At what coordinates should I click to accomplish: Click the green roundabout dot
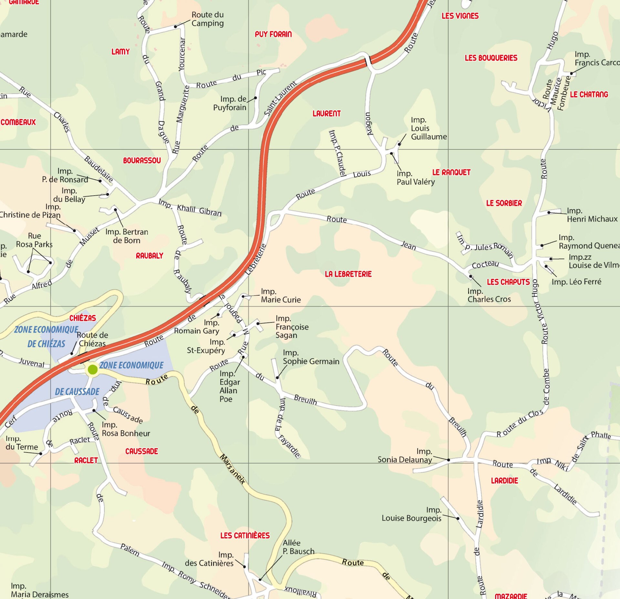click(x=93, y=370)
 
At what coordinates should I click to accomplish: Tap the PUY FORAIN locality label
click(x=273, y=34)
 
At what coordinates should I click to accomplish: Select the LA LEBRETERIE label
click(x=348, y=274)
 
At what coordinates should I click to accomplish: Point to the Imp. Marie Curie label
click(x=280, y=296)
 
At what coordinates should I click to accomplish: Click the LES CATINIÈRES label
click(x=245, y=535)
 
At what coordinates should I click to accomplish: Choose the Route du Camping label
click(x=207, y=19)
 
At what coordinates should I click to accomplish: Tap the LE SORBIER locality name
click(x=504, y=203)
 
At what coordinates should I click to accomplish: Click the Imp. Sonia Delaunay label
click(x=405, y=455)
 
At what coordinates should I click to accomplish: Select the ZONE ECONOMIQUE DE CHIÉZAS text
click(x=46, y=337)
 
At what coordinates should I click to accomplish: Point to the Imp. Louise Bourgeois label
click(x=411, y=514)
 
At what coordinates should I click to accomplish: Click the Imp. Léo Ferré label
click(x=576, y=282)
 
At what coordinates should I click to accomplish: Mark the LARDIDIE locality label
click(x=504, y=481)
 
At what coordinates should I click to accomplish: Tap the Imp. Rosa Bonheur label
click(x=126, y=429)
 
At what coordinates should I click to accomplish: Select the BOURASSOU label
click(x=142, y=160)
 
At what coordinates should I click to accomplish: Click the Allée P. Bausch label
click(x=298, y=547)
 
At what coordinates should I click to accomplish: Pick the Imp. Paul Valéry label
click(x=415, y=178)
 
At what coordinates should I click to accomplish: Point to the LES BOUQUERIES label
click(x=491, y=58)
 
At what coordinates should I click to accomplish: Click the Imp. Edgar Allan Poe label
click(x=230, y=386)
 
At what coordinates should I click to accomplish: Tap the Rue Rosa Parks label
click(x=34, y=240)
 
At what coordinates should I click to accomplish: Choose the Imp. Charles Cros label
click(x=489, y=295)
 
